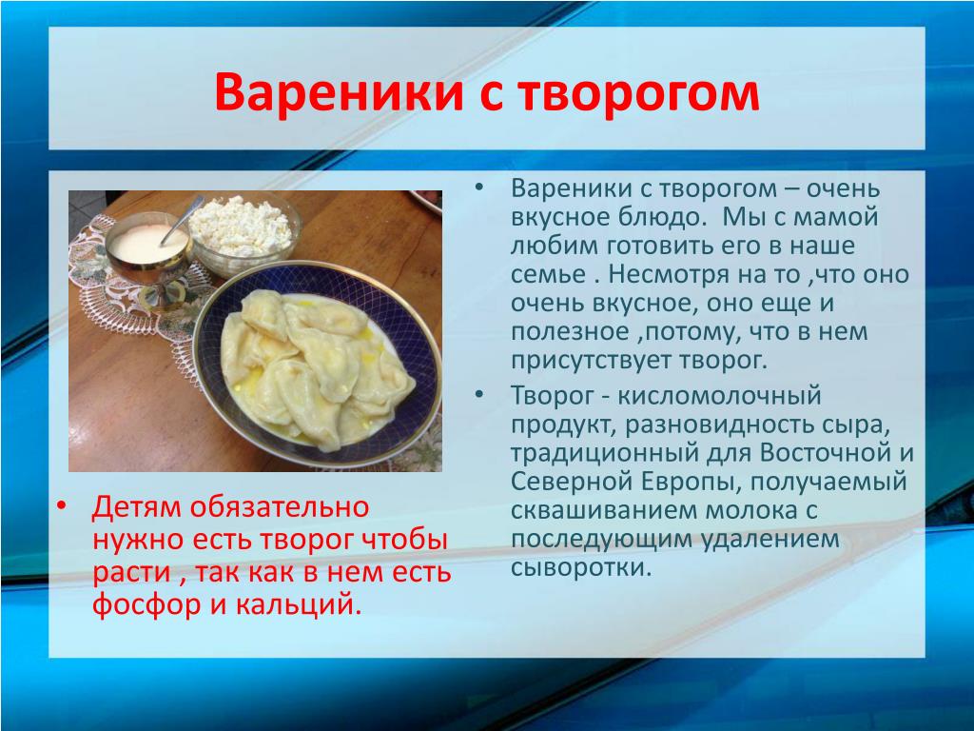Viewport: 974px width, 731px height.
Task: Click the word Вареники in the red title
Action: click(x=339, y=92)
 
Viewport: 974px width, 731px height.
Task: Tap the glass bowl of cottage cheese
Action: click(x=244, y=232)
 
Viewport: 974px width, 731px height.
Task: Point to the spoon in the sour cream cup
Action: click(x=182, y=220)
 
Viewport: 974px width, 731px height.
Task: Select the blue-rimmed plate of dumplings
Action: click(x=317, y=364)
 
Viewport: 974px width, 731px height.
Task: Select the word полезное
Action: click(x=570, y=331)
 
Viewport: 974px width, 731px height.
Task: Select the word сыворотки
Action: click(x=581, y=567)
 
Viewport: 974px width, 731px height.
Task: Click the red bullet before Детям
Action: click(x=60, y=506)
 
